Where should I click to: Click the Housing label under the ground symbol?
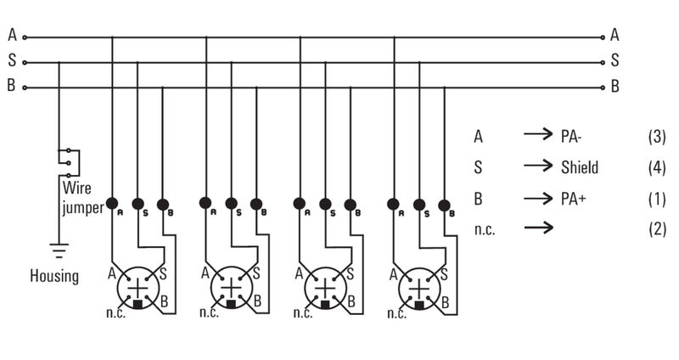pyautogui.click(x=54, y=276)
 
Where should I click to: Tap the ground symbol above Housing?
pyautogui.click(x=59, y=250)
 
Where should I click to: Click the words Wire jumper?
pyautogui.click(x=81, y=197)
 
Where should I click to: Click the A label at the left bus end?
pyautogui.click(x=12, y=36)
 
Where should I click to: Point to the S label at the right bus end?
pyautogui.click(x=614, y=61)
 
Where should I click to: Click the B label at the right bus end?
pyautogui.click(x=614, y=86)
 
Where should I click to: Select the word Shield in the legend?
pyautogui.click(x=580, y=167)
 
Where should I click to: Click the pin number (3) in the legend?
pyautogui.click(x=656, y=136)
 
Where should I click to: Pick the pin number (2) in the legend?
pyautogui.click(x=656, y=229)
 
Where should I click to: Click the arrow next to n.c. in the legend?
pyautogui.click(x=538, y=228)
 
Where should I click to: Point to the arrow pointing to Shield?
pyautogui.click(x=538, y=167)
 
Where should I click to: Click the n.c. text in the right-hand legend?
pyautogui.click(x=488, y=229)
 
